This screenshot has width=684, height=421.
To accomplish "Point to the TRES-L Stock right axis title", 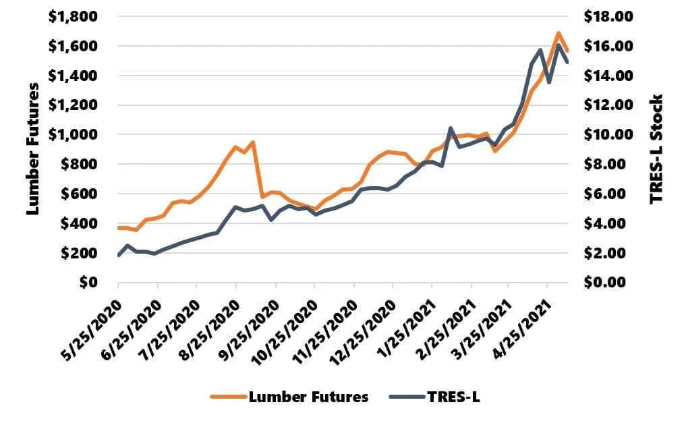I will click(656, 149).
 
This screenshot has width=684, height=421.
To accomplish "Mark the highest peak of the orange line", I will click(558, 32).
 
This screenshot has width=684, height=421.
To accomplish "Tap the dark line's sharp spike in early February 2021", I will click(450, 128).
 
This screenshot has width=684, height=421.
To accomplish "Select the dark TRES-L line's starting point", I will click(119, 255).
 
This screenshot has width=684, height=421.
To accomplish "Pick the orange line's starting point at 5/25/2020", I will click(119, 228).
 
